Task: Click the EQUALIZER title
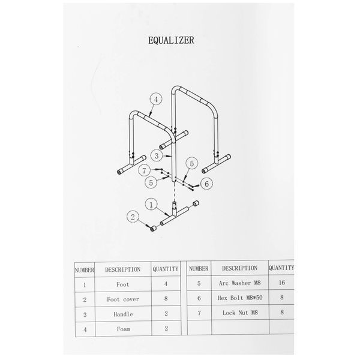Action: (x=171, y=40)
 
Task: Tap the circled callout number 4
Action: (x=156, y=100)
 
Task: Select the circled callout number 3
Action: (x=157, y=155)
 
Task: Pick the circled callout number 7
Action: (x=144, y=170)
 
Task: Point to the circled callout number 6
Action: (x=206, y=184)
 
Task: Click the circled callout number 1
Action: (x=151, y=205)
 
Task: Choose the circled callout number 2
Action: (x=133, y=217)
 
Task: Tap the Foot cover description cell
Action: (x=123, y=299)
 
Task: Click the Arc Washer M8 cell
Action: (x=239, y=283)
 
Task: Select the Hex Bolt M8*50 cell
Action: (x=239, y=298)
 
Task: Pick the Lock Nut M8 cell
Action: (x=240, y=313)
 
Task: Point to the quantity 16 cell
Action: (x=282, y=283)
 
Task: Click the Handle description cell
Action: (x=123, y=314)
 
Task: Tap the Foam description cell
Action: (x=123, y=329)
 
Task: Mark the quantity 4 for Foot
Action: (x=166, y=284)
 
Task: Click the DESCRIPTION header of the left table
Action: (x=123, y=269)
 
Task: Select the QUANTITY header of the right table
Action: (x=281, y=268)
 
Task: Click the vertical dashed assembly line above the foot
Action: (x=175, y=191)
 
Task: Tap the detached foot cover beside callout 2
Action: (x=153, y=229)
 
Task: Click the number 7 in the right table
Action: (x=199, y=313)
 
